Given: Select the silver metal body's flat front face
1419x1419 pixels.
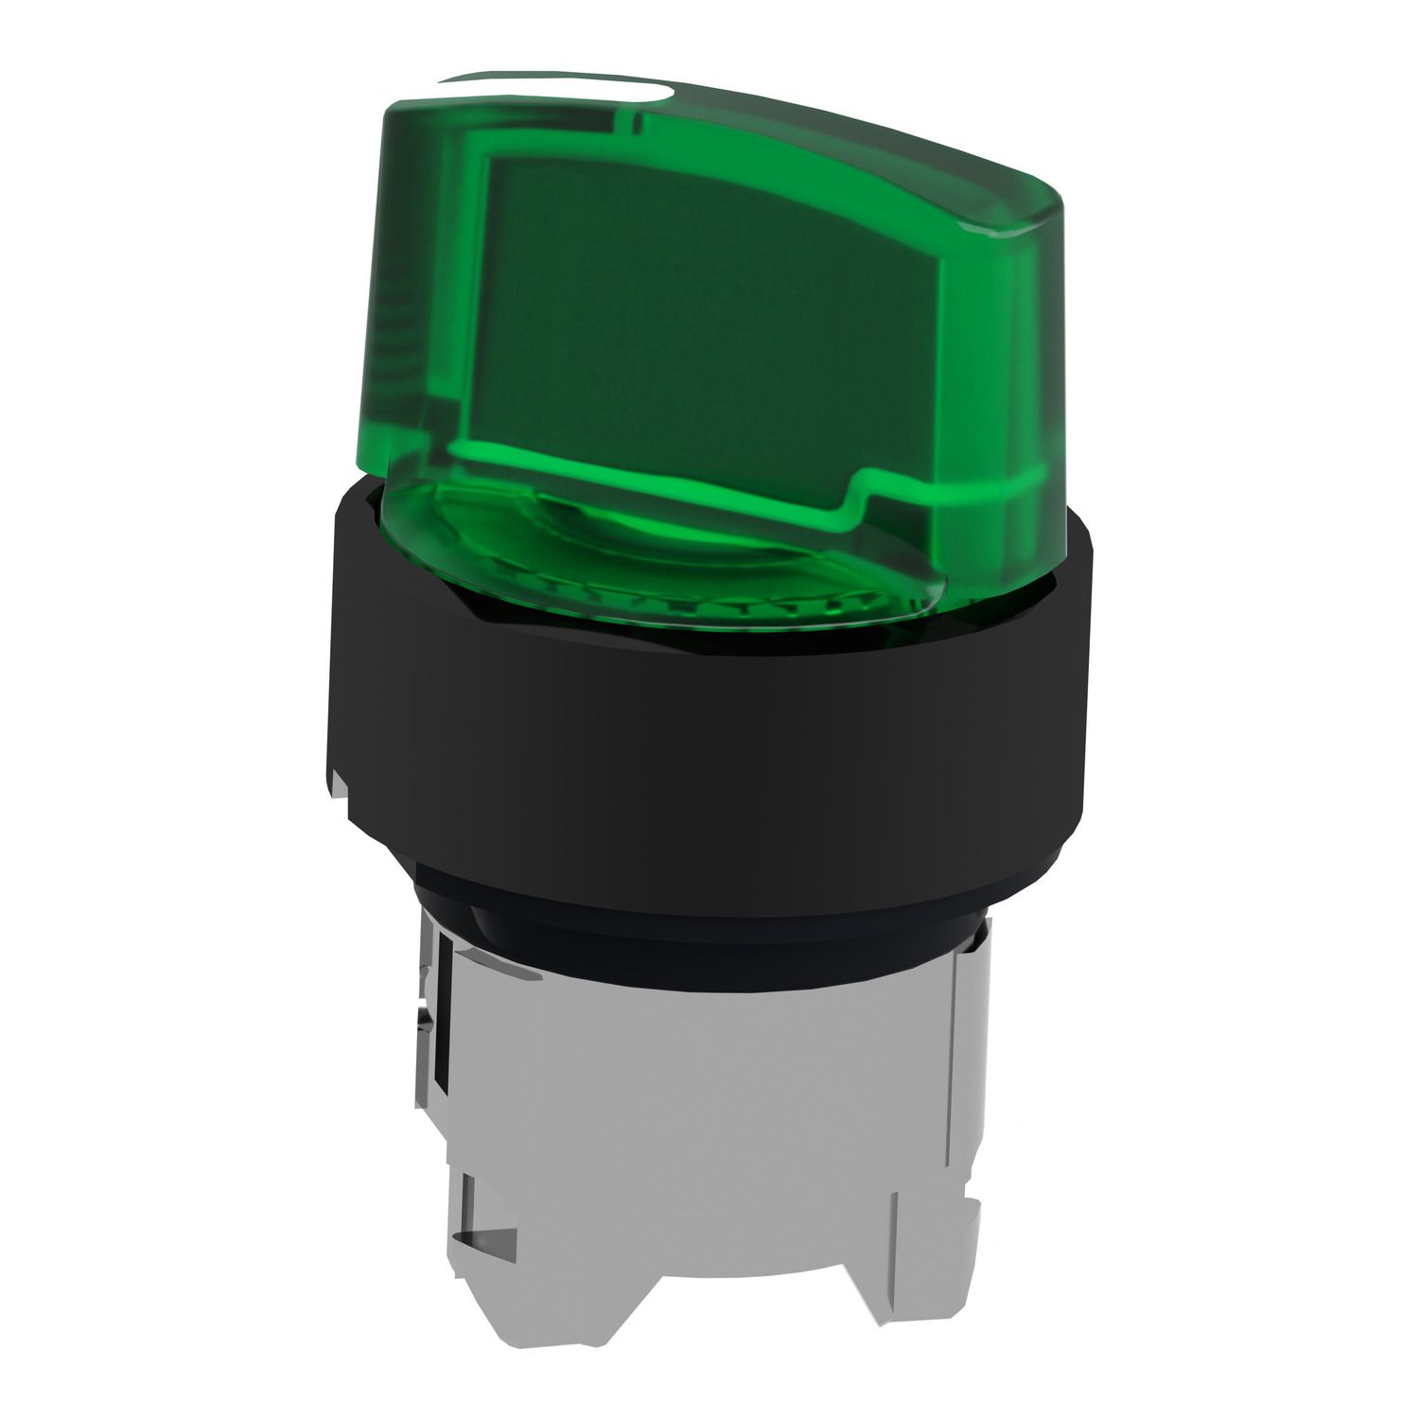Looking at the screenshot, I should (x=700, y=1088).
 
